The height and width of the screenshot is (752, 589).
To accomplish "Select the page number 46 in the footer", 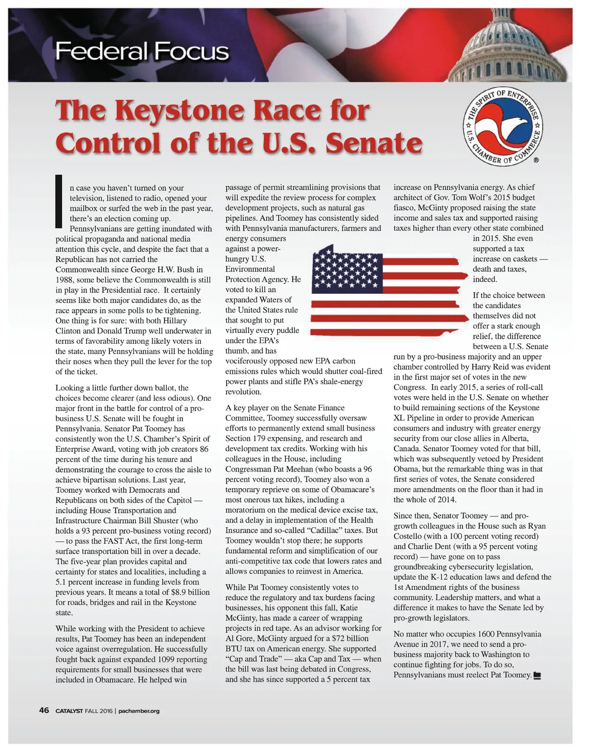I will pos(44,710).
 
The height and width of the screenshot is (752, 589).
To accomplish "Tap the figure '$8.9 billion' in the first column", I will pos(190,592).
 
